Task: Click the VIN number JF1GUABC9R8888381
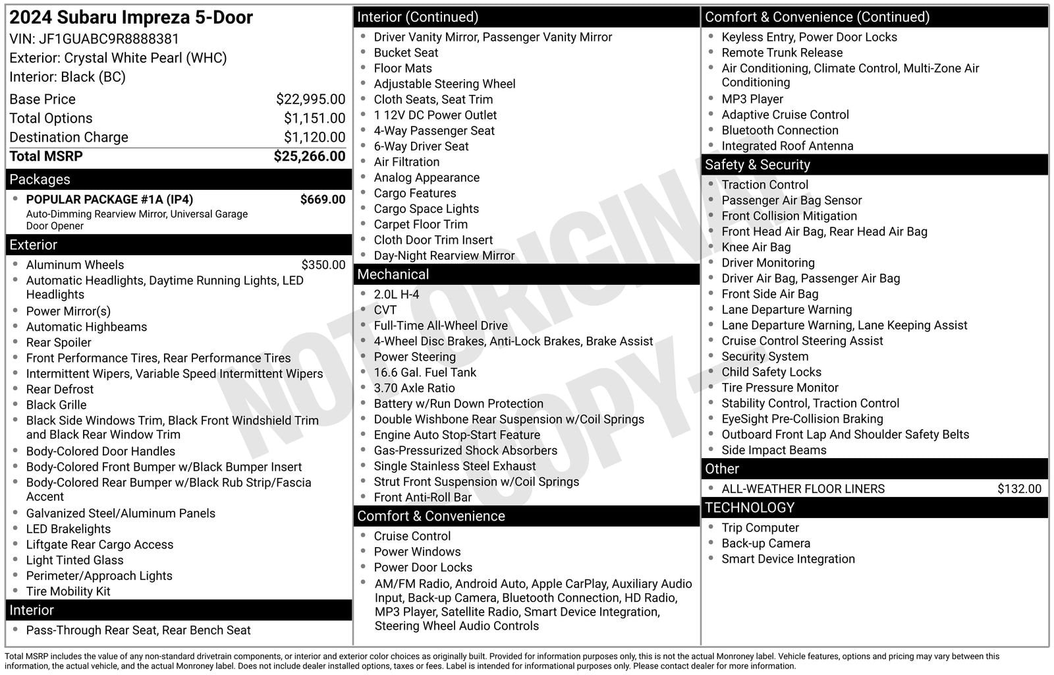(109, 39)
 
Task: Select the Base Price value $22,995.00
(310, 100)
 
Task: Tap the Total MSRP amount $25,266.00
(309, 156)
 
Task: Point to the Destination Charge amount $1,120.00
(314, 137)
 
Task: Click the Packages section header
(40, 179)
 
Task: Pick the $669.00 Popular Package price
(322, 200)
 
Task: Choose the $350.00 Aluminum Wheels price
(323, 265)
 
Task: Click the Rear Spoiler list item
(59, 343)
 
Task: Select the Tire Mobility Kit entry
(69, 591)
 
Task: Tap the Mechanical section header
(393, 274)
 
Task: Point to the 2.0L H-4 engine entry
(397, 295)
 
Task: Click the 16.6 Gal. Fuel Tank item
(425, 372)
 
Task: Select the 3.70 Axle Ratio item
(414, 388)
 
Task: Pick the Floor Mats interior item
(403, 69)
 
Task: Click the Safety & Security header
(758, 165)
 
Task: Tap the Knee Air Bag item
(756, 247)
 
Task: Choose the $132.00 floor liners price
(1019, 489)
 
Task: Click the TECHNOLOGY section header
(750, 508)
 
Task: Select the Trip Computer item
(760, 528)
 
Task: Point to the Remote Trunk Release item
(782, 53)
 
